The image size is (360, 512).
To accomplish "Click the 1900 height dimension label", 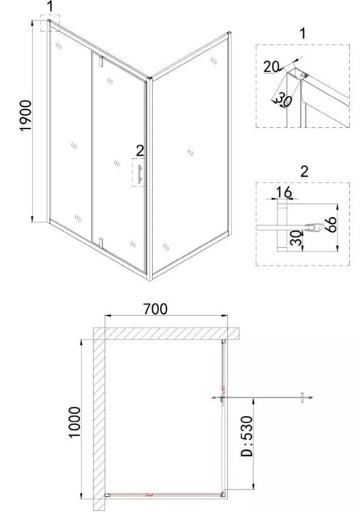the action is pos(26,115).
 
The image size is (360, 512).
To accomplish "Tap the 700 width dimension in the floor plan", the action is pos(156,308).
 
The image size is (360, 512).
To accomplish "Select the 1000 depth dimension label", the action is pos(75,422).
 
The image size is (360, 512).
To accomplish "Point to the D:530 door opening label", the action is pos(247,436).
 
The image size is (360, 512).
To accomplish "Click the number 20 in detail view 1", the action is pos(271,67).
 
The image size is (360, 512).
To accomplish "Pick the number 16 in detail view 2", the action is pos(283,192).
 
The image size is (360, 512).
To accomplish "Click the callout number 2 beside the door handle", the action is pos(139,150).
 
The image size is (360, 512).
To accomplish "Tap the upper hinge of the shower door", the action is pos(101,61).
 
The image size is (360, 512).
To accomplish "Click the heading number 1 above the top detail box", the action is pos(303,33).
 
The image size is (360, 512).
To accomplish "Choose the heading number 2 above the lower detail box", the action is pos(304,171).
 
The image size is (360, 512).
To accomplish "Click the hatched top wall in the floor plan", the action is pos(167,334).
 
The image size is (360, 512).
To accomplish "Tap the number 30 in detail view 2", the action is pos(296,238).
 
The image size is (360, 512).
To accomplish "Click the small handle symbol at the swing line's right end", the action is pos(302,397).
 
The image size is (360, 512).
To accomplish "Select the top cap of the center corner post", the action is pos(149,79).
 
